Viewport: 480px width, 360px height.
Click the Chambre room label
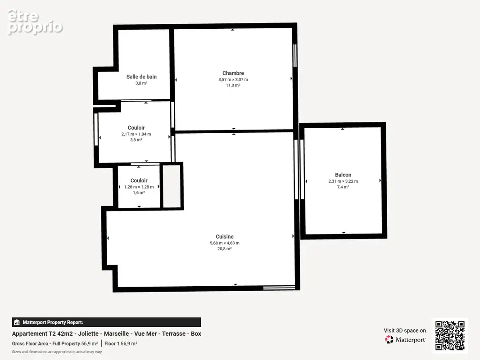pos(233,73)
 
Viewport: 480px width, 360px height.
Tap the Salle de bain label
pos(141,77)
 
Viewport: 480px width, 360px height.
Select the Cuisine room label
pos(225,237)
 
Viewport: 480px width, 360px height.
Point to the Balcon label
pos(343,175)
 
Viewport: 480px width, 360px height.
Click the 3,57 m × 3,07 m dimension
pos(233,80)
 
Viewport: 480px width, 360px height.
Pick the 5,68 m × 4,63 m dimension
pos(225,243)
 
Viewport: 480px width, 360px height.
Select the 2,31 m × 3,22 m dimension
pos(343,181)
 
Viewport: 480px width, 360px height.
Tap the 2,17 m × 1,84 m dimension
pos(136,134)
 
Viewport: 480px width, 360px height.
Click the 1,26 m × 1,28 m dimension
pos(139,187)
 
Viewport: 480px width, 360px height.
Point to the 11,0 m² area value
pos(233,85)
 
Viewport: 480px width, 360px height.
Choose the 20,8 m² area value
pos(225,249)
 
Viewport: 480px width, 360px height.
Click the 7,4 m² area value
pos(343,187)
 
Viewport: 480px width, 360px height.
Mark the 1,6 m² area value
pos(139,193)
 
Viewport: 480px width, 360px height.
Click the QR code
pos(450,336)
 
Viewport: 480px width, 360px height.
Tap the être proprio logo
pos(35,22)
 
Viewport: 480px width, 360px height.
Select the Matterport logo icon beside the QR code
pos(389,339)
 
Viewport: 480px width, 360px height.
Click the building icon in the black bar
pos(17,322)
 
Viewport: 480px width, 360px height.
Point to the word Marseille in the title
pos(117,334)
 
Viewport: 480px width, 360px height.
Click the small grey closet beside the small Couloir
pos(172,186)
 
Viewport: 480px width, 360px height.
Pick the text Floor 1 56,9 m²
pos(121,343)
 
